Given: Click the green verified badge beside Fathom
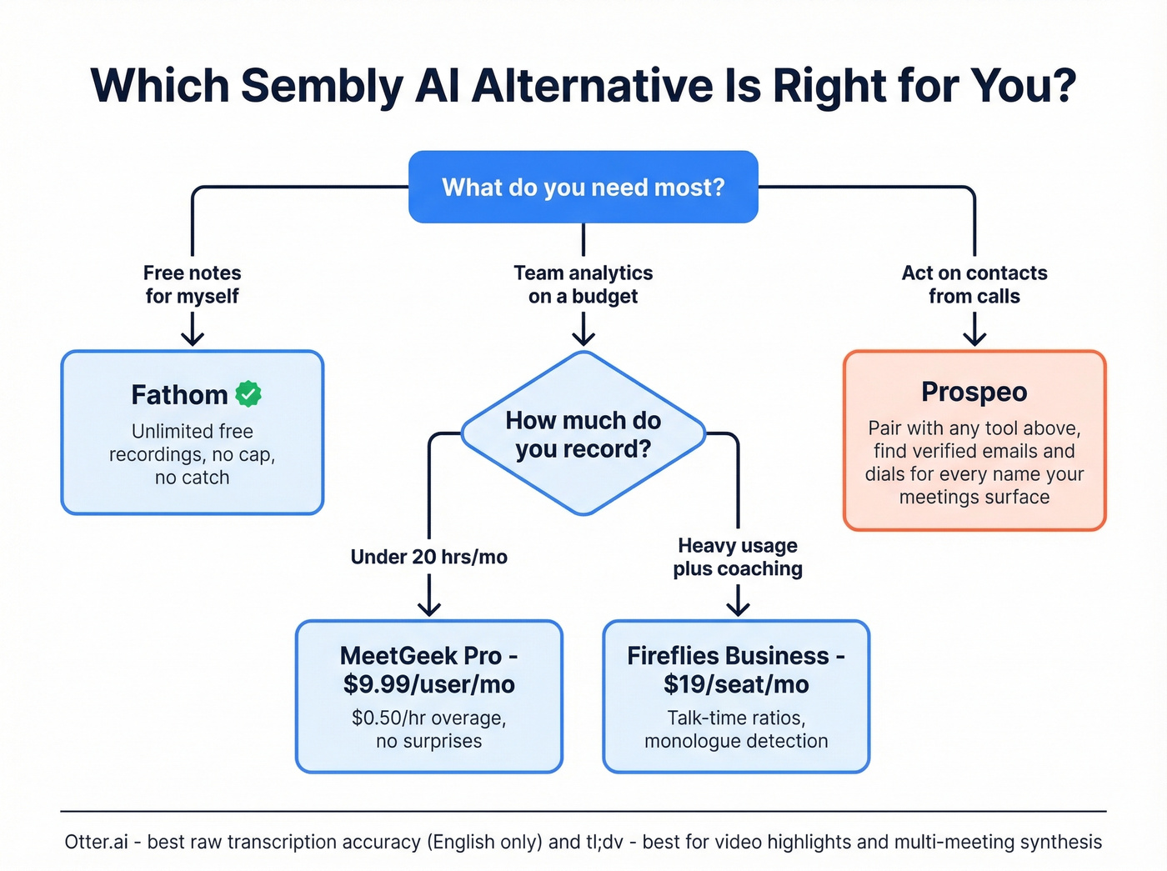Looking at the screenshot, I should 248,393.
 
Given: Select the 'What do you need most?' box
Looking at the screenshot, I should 583,187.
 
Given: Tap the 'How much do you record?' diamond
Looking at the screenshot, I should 583,434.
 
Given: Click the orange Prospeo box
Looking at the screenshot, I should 974,440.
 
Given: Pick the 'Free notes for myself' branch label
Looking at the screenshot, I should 192,284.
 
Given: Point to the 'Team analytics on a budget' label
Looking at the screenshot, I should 583,284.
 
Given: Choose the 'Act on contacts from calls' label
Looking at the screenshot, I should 974,284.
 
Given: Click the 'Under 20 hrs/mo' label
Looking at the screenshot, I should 428,557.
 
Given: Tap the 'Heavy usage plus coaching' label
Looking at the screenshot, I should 738,557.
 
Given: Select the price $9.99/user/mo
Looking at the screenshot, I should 428,684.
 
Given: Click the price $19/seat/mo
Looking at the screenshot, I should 736,684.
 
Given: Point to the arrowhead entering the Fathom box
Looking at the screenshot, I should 193,338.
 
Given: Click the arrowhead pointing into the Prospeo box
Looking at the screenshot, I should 974,338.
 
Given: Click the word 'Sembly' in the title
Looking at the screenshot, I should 322,85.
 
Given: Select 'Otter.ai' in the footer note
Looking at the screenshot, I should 96,842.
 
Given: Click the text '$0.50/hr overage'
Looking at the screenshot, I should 428,718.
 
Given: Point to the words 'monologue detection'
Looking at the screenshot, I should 736,741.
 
